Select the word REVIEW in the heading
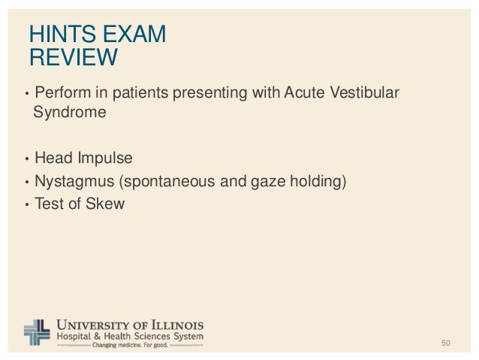coord(73,57)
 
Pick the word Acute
coord(300,93)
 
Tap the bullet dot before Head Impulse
coord(27,159)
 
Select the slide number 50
coord(445,343)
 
